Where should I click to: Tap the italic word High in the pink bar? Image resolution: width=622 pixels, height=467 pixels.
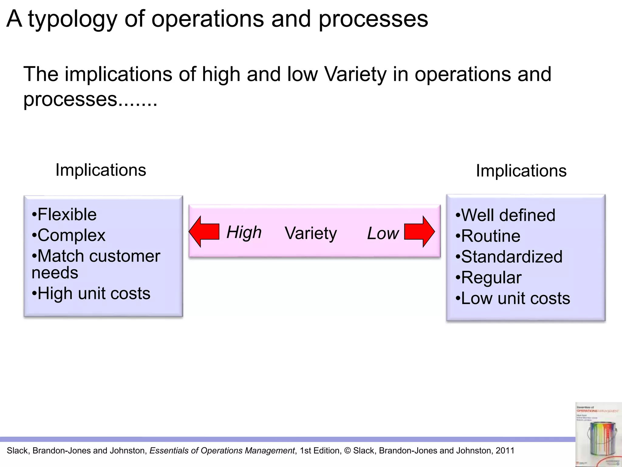pos(244,232)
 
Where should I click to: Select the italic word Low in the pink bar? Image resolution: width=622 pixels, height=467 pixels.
pos(383,233)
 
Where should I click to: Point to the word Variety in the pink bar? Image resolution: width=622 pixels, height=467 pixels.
pos(311,233)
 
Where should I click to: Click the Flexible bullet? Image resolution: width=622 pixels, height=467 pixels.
pos(64,214)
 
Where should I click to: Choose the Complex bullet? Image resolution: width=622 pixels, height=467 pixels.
pos(69,235)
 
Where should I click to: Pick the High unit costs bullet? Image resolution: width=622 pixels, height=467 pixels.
pos(91,293)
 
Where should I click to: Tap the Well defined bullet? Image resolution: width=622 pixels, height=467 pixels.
pos(505,215)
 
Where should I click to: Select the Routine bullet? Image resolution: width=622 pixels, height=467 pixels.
pos(488,236)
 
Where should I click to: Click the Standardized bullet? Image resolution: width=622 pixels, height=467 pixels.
pos(509,257)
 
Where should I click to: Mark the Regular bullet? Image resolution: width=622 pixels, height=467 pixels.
pos(489,278)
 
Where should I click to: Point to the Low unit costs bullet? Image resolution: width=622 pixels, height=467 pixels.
pos(513,298)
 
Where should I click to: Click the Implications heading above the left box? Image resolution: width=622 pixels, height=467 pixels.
pos(101,170)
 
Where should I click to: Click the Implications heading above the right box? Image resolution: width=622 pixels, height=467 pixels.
pos(521,171)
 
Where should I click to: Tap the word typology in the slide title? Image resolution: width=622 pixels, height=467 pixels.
pos(73,19)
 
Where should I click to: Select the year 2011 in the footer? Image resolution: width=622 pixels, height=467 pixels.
pos(505,451)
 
